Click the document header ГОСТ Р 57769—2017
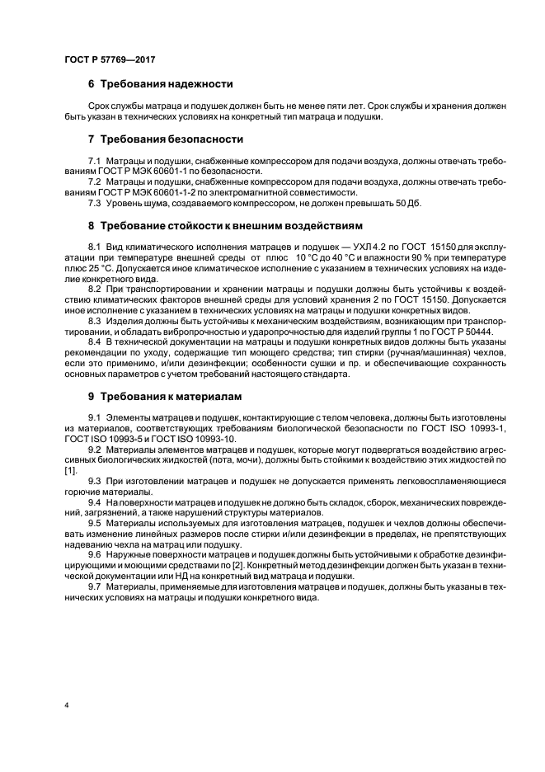pos(109,59)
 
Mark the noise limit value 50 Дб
pos(406,203)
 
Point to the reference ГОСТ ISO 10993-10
pos(190,440)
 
